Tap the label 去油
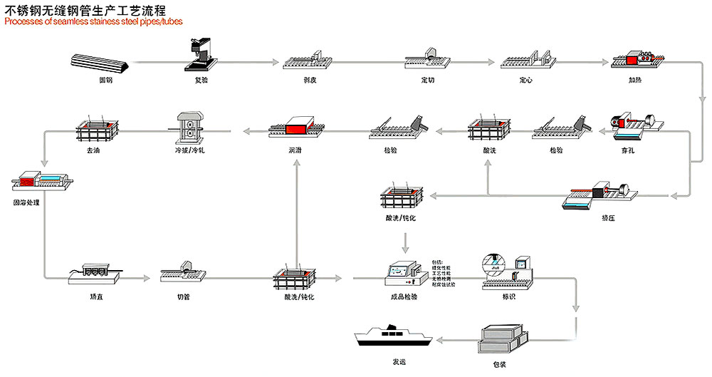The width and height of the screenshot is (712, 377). tap(93, 150)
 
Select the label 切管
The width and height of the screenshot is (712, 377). tap(184, 296)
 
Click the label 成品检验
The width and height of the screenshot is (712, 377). tap(404, 296)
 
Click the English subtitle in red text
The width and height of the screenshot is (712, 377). tap(93, 21)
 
